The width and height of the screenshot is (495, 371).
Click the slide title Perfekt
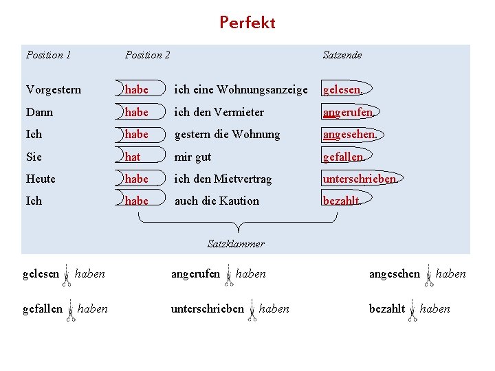pyautogui.click(x=247, y=23)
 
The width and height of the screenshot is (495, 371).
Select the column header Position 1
pyautogui.click(x=48, y=55)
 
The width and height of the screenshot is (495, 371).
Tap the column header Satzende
pyautogui.click(x=342, y=55)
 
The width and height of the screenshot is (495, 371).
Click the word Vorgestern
pyautogui.click(x=53, y=90)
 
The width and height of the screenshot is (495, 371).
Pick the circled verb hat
pyautogui.click(x=133, y=157)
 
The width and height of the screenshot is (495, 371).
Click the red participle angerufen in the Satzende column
pyautogui.click(x=349, y=112)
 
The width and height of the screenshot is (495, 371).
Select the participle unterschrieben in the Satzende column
pyautogui.click(x=360, y=179)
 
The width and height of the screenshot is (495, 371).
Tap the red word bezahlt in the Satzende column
pyautogui.click(x=341, y=201)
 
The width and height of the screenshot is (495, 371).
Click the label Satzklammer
pyautogui.click(x=236, y=244)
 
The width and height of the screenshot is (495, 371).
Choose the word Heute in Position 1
pyautogui.click(x=41, y=179)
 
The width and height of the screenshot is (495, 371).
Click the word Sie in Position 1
pyautogui.click(x=34, y=157)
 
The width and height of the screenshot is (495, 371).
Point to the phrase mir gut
pyautogui.click(x=192, y=157)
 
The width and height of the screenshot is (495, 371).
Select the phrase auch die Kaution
pyautogui.click(x=217, y=201)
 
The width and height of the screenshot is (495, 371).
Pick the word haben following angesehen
pyautogui.click(x=450, y=274)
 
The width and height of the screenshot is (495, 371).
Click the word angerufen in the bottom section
pyautogui.click(x=195, y=274)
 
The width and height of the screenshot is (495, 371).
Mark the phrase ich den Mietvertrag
pyautogui.click(x=223, y=179)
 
